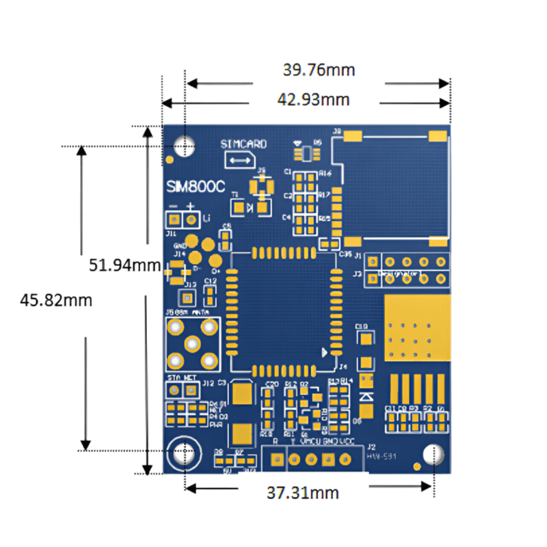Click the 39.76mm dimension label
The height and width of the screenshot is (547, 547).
[319, 70]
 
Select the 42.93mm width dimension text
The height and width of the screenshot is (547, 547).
[313, 100]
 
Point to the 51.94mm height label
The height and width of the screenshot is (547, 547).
[124, 265]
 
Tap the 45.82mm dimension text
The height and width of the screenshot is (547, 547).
[56, 299]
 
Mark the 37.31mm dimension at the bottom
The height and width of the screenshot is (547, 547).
[303, 492]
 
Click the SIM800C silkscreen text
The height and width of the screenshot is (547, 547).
[196, 187]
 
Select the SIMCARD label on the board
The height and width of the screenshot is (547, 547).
[243, 144]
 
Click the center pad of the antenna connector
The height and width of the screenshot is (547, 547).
[193, 344]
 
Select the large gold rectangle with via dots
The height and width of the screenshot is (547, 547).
[418, 328]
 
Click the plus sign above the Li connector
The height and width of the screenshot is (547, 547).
[191, 207]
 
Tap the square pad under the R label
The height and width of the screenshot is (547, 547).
[276, 459]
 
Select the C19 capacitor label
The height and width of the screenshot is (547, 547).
[362, 326]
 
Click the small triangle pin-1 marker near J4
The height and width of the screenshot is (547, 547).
[325, 352]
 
